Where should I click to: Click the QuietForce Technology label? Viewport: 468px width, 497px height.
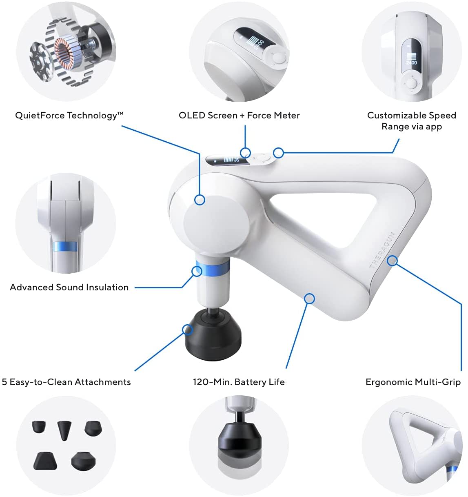click(x=69, y=116)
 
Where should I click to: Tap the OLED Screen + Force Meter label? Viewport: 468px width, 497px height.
click(x=239, y=116)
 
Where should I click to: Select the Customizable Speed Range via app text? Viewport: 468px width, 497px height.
click(x=411, y=121)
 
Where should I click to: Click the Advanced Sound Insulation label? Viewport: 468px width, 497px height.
click(x=69, y=288)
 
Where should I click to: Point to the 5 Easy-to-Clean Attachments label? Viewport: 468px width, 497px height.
click(x=66, y=382)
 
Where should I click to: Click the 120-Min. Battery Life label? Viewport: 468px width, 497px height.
click(x=239, y=382)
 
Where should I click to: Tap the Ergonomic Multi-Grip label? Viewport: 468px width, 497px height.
click(x=413, y=382)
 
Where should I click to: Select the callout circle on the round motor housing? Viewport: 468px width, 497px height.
click(x=200, y=200)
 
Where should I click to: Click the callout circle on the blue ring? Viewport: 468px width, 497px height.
click(x=197, y=271)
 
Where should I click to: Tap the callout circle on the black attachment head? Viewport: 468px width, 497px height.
click(x=187, y=330)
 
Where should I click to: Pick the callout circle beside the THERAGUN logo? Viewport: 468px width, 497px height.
click(x=392, y=260)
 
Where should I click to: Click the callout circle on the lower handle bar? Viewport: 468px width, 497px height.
click(x=310, y=299)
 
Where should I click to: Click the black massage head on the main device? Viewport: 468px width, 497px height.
click(x=213, y=333)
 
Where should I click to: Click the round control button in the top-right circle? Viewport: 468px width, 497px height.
click(x=412, y=84)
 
